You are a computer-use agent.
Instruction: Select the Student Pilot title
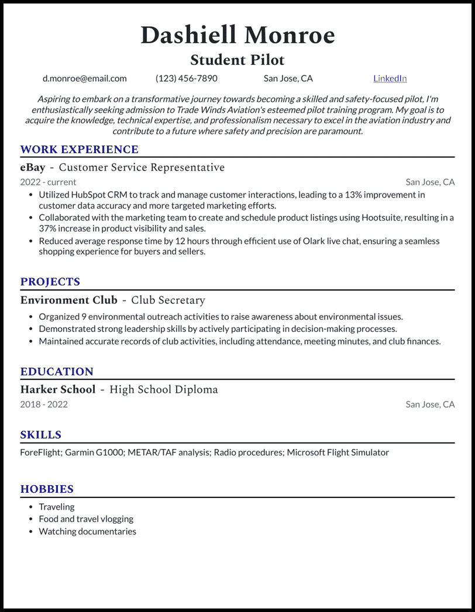click(237, 60)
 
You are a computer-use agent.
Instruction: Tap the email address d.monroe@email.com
click(84, 78)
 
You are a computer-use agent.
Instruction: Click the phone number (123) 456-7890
click(186, 78)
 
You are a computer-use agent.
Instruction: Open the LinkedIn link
click(390, 78)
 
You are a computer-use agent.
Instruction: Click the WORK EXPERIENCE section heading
click(79, 150)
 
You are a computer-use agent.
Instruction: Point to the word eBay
click(33, 168)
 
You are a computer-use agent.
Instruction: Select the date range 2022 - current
click(48, 182)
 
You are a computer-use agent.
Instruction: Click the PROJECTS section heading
click(50, 282)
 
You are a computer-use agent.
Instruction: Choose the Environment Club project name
click(68, 300)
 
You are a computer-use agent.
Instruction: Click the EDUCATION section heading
click(57, 372)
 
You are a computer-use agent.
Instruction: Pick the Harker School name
click(57, 390)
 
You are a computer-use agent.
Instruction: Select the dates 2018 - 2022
click(44, 404)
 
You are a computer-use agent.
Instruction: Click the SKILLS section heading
click(40, 435)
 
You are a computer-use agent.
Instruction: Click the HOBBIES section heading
click(47, 489)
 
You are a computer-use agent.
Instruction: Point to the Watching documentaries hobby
click(87, 531)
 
